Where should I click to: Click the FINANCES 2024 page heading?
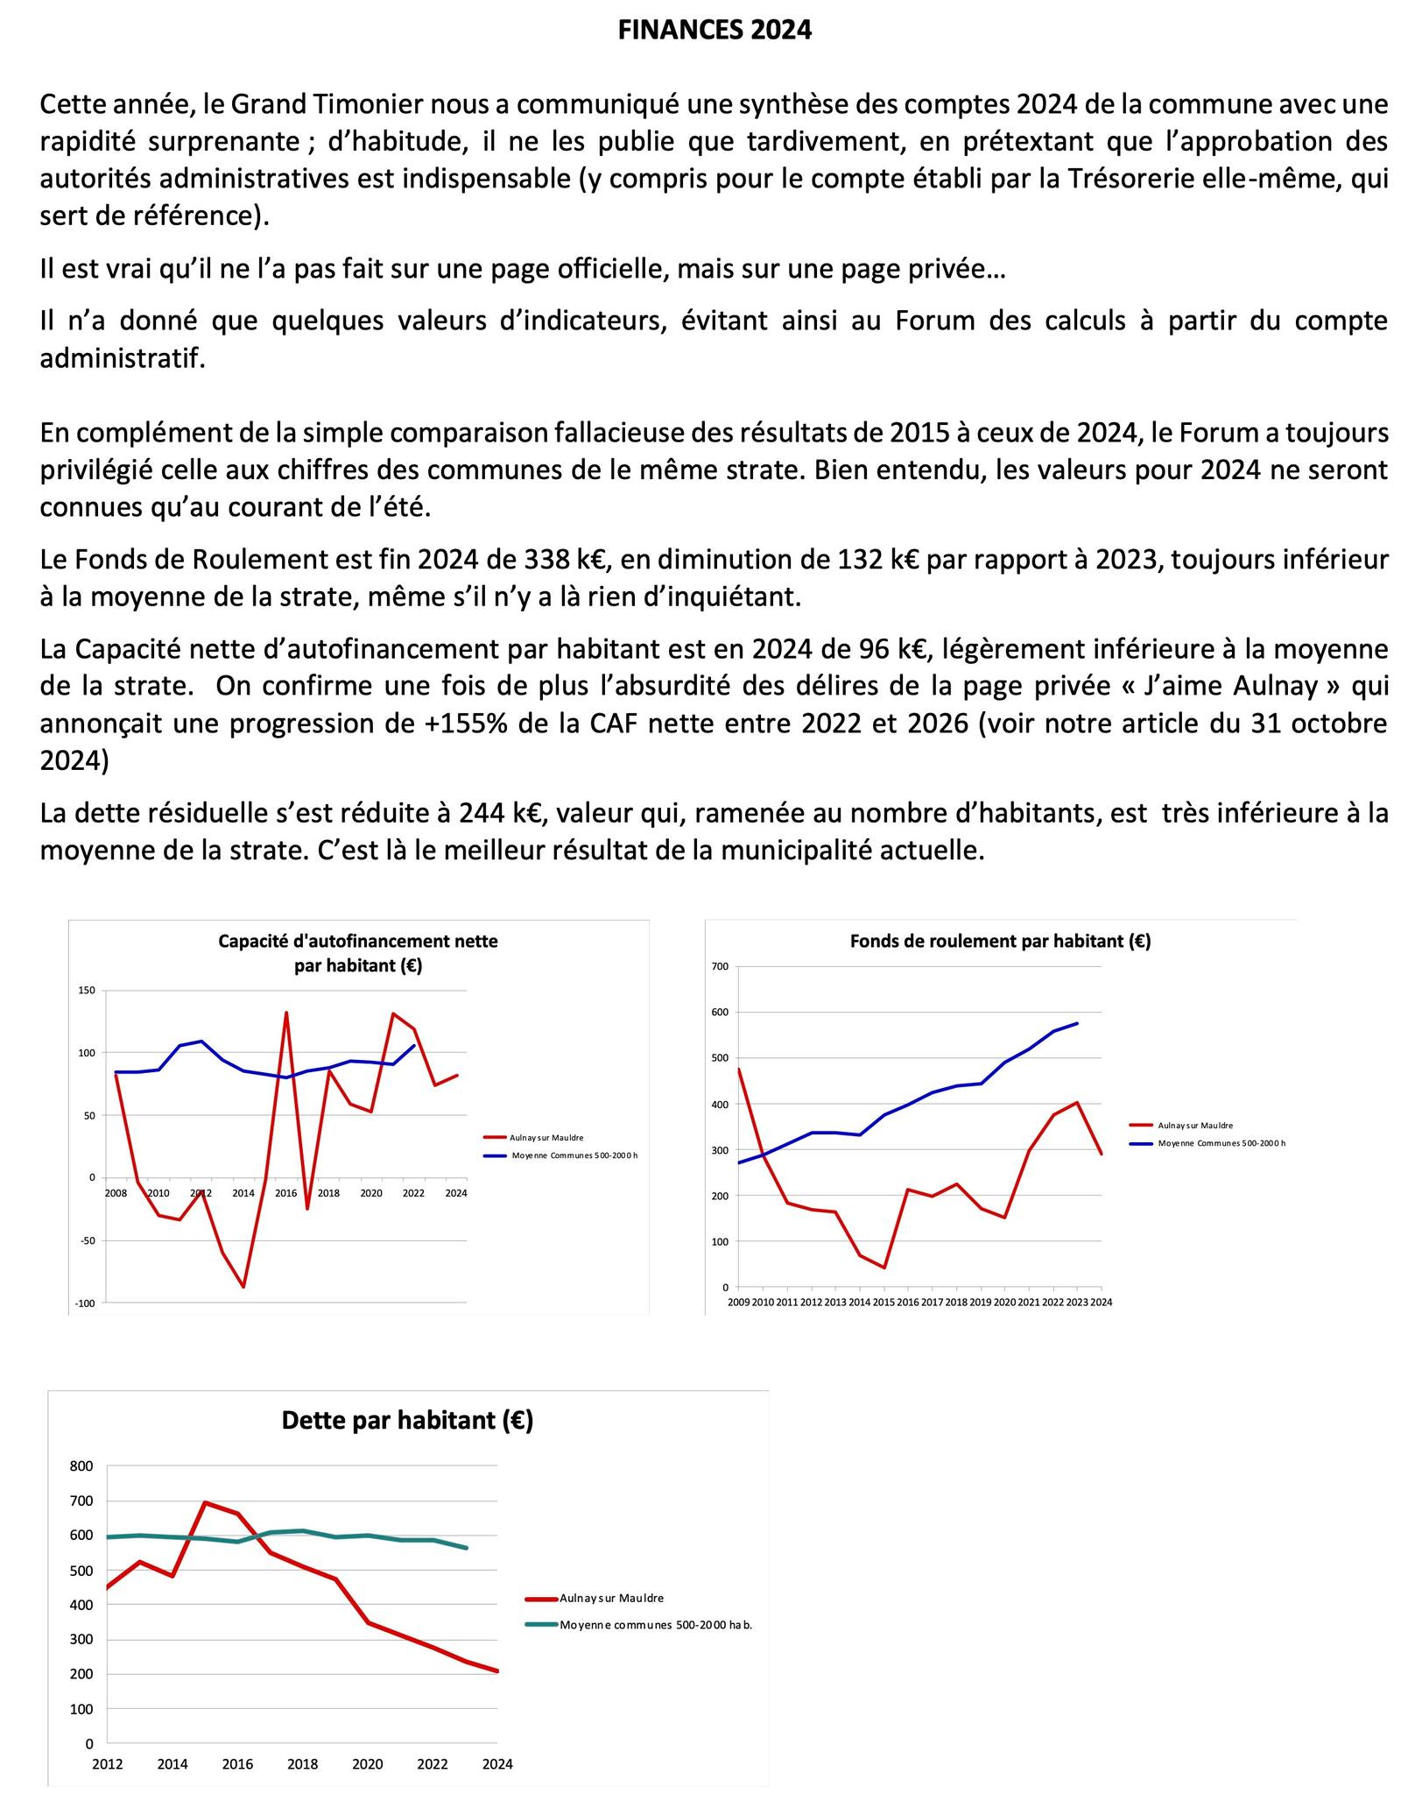715,31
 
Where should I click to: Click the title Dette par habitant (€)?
407,1420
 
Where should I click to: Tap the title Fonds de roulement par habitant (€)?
1000,942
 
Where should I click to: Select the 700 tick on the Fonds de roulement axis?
720,967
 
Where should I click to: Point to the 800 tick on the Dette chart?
81,1466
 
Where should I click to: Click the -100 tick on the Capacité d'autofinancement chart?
85,1303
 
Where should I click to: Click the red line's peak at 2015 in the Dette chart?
205,1503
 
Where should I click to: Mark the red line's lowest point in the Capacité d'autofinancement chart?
243,1287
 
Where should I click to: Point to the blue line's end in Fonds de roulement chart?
1077,1023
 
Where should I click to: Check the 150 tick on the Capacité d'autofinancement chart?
87,991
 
